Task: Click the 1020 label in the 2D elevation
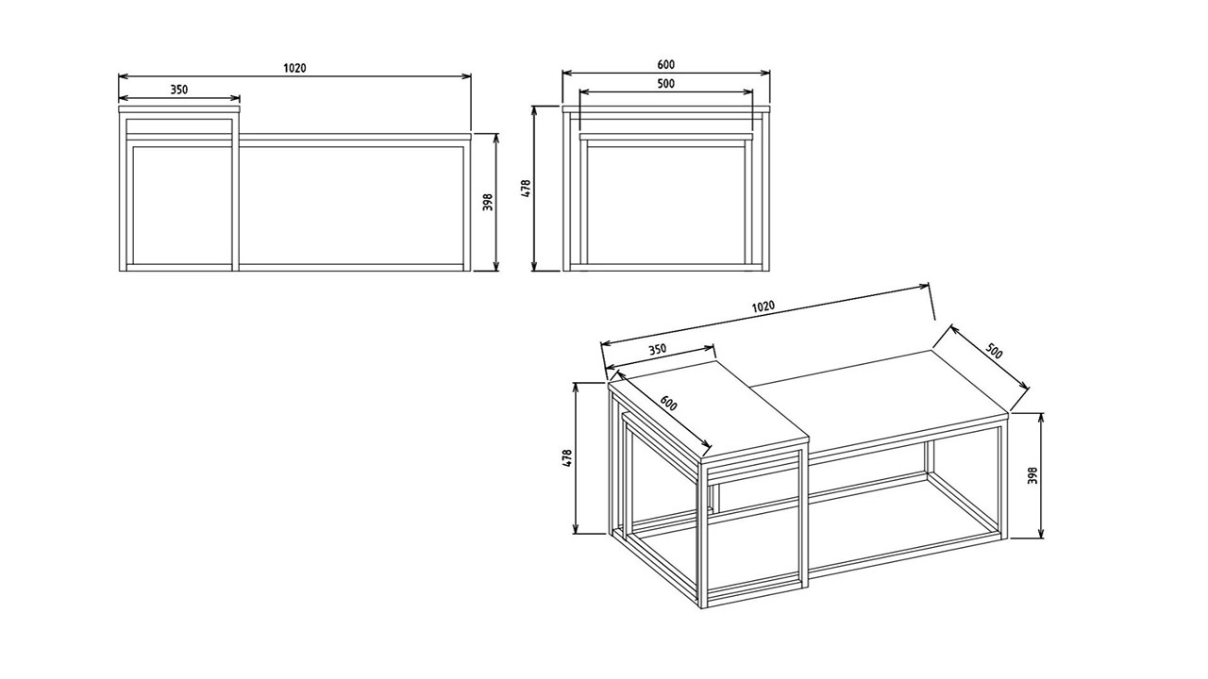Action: pyautogui.click(x=294, y=68)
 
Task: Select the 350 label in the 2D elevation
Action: pyautogui.click(x=179, y=90)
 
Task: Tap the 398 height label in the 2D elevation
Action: pyautogui.click(x=488, y=202)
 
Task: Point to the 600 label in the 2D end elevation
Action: pyautogui.click(x=666, y=65)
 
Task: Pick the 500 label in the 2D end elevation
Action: pyautogui.click(x=666, y=84)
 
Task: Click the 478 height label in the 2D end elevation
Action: pyautogui.click(x=527, y=189)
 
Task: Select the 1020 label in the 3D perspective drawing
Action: pyautogui.click(x=763, y=306)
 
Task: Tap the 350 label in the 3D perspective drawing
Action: pyautogui.click(x=657, y=350)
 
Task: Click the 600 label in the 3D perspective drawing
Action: pyautogui.click(x=668, y=404)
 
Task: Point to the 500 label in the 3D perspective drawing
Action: pyautogui.click(x=994, y=351)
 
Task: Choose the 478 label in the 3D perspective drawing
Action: pyautogui.click(x=567, y=457)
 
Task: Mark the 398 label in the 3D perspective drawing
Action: pyautogui.click(x=1032, y=475)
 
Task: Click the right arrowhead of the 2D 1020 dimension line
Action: pyautogui.click(x=466, y=76)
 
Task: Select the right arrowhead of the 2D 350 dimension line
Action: pyautogui.click(x=235, y=98)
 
